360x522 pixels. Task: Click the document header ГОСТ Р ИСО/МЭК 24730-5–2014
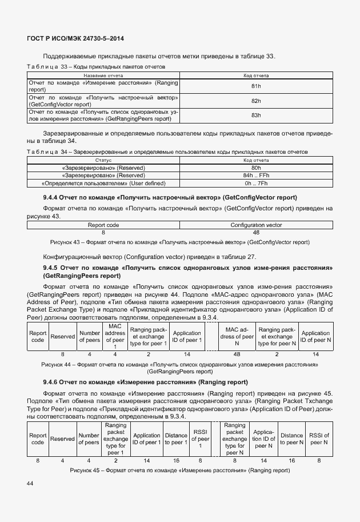(x=75, y=38)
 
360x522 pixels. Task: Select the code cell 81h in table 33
(x=255, y=86)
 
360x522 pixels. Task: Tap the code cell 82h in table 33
(x=255, y=101)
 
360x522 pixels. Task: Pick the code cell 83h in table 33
(x=255, y=115)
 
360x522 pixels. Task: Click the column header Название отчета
(x=103, y=75)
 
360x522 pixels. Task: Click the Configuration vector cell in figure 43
(x=255, y=225)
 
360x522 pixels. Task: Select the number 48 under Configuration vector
(x=255, y=233)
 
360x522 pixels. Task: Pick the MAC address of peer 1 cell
(x=115, y=336)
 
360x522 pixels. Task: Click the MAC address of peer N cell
(x=239, y=336)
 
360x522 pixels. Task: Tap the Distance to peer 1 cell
(x=175, y=439)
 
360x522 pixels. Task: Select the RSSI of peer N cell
(x=319, y=439)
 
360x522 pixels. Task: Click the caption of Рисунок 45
(x=180, y=470)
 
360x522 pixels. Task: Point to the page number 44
(x=31, y=484)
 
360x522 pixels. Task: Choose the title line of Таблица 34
(x=167, y=152)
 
